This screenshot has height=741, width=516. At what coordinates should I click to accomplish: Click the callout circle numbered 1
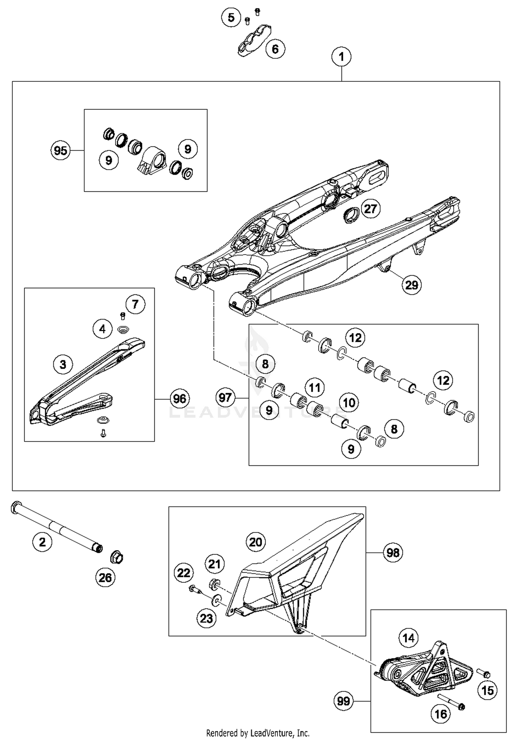(341, 57)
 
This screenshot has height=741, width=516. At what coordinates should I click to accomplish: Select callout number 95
(61, 150)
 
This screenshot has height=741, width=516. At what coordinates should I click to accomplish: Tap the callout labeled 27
(370, 209)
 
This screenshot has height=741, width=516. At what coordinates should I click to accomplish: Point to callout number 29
(411, 285)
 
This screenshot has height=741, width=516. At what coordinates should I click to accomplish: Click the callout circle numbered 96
(180, 399)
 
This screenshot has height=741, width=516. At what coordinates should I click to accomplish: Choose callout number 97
(225, 397)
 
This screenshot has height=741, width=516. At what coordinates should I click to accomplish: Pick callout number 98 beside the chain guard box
(393, 552)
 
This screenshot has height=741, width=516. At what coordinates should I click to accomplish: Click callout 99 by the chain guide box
(343, 701)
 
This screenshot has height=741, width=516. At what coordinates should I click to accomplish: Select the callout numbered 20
(256, 542)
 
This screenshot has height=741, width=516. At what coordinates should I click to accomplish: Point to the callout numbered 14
(408, 638)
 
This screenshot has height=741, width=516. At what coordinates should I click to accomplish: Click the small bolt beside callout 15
(484, 673)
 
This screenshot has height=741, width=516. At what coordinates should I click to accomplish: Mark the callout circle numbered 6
(275, 49)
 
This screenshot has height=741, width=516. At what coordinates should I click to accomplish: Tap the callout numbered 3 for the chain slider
(63, 364)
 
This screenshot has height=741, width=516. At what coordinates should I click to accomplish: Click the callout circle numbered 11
(314, 388)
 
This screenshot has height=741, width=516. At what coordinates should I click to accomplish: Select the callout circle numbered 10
(349, 402)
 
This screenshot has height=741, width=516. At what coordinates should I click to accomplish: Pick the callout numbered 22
(184, 573)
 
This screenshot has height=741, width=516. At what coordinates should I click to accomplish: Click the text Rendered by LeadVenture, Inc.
(258, 733)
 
